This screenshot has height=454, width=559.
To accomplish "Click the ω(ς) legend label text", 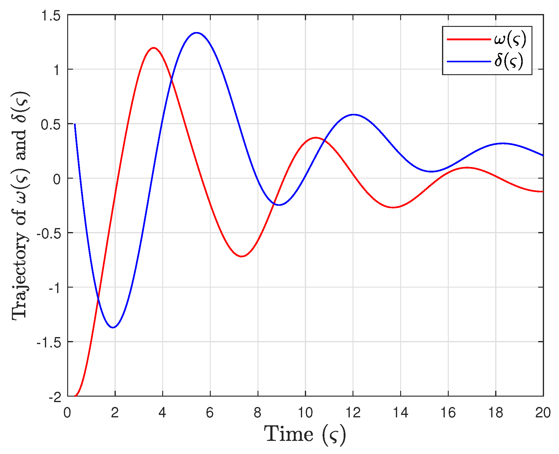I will (510, 39).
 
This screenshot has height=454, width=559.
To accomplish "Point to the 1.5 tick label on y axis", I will (51, 15).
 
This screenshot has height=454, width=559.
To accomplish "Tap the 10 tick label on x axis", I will (305, 413).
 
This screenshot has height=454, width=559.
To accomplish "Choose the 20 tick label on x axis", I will (543, 413).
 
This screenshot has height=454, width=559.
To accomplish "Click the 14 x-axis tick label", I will (400, 413).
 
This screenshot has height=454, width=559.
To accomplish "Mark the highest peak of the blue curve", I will (196, 33).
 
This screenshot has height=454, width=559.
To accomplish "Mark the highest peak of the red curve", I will (153, 48).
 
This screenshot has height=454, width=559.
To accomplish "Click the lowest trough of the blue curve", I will (113, 328).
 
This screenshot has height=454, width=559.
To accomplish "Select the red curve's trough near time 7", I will (242, 256).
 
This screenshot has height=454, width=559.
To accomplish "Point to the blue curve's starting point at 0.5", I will (75, 124).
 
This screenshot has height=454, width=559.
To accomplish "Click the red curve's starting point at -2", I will (75, 396).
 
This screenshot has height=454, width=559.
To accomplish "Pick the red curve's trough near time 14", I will (394, 207).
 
